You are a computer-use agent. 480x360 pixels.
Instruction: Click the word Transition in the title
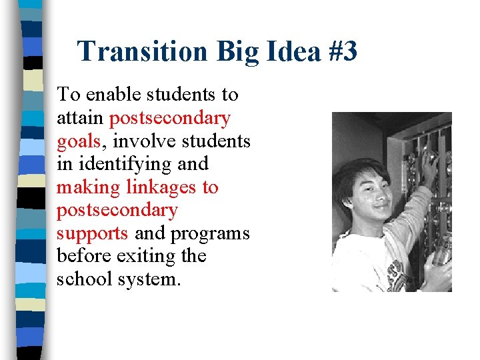136,51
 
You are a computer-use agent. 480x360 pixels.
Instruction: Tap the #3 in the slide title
342,51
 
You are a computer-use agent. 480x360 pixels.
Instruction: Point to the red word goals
78,142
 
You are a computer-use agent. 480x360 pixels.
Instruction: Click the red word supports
92,234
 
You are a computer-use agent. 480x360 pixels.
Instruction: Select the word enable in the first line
110,95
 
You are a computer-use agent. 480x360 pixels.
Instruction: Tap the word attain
80,118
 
